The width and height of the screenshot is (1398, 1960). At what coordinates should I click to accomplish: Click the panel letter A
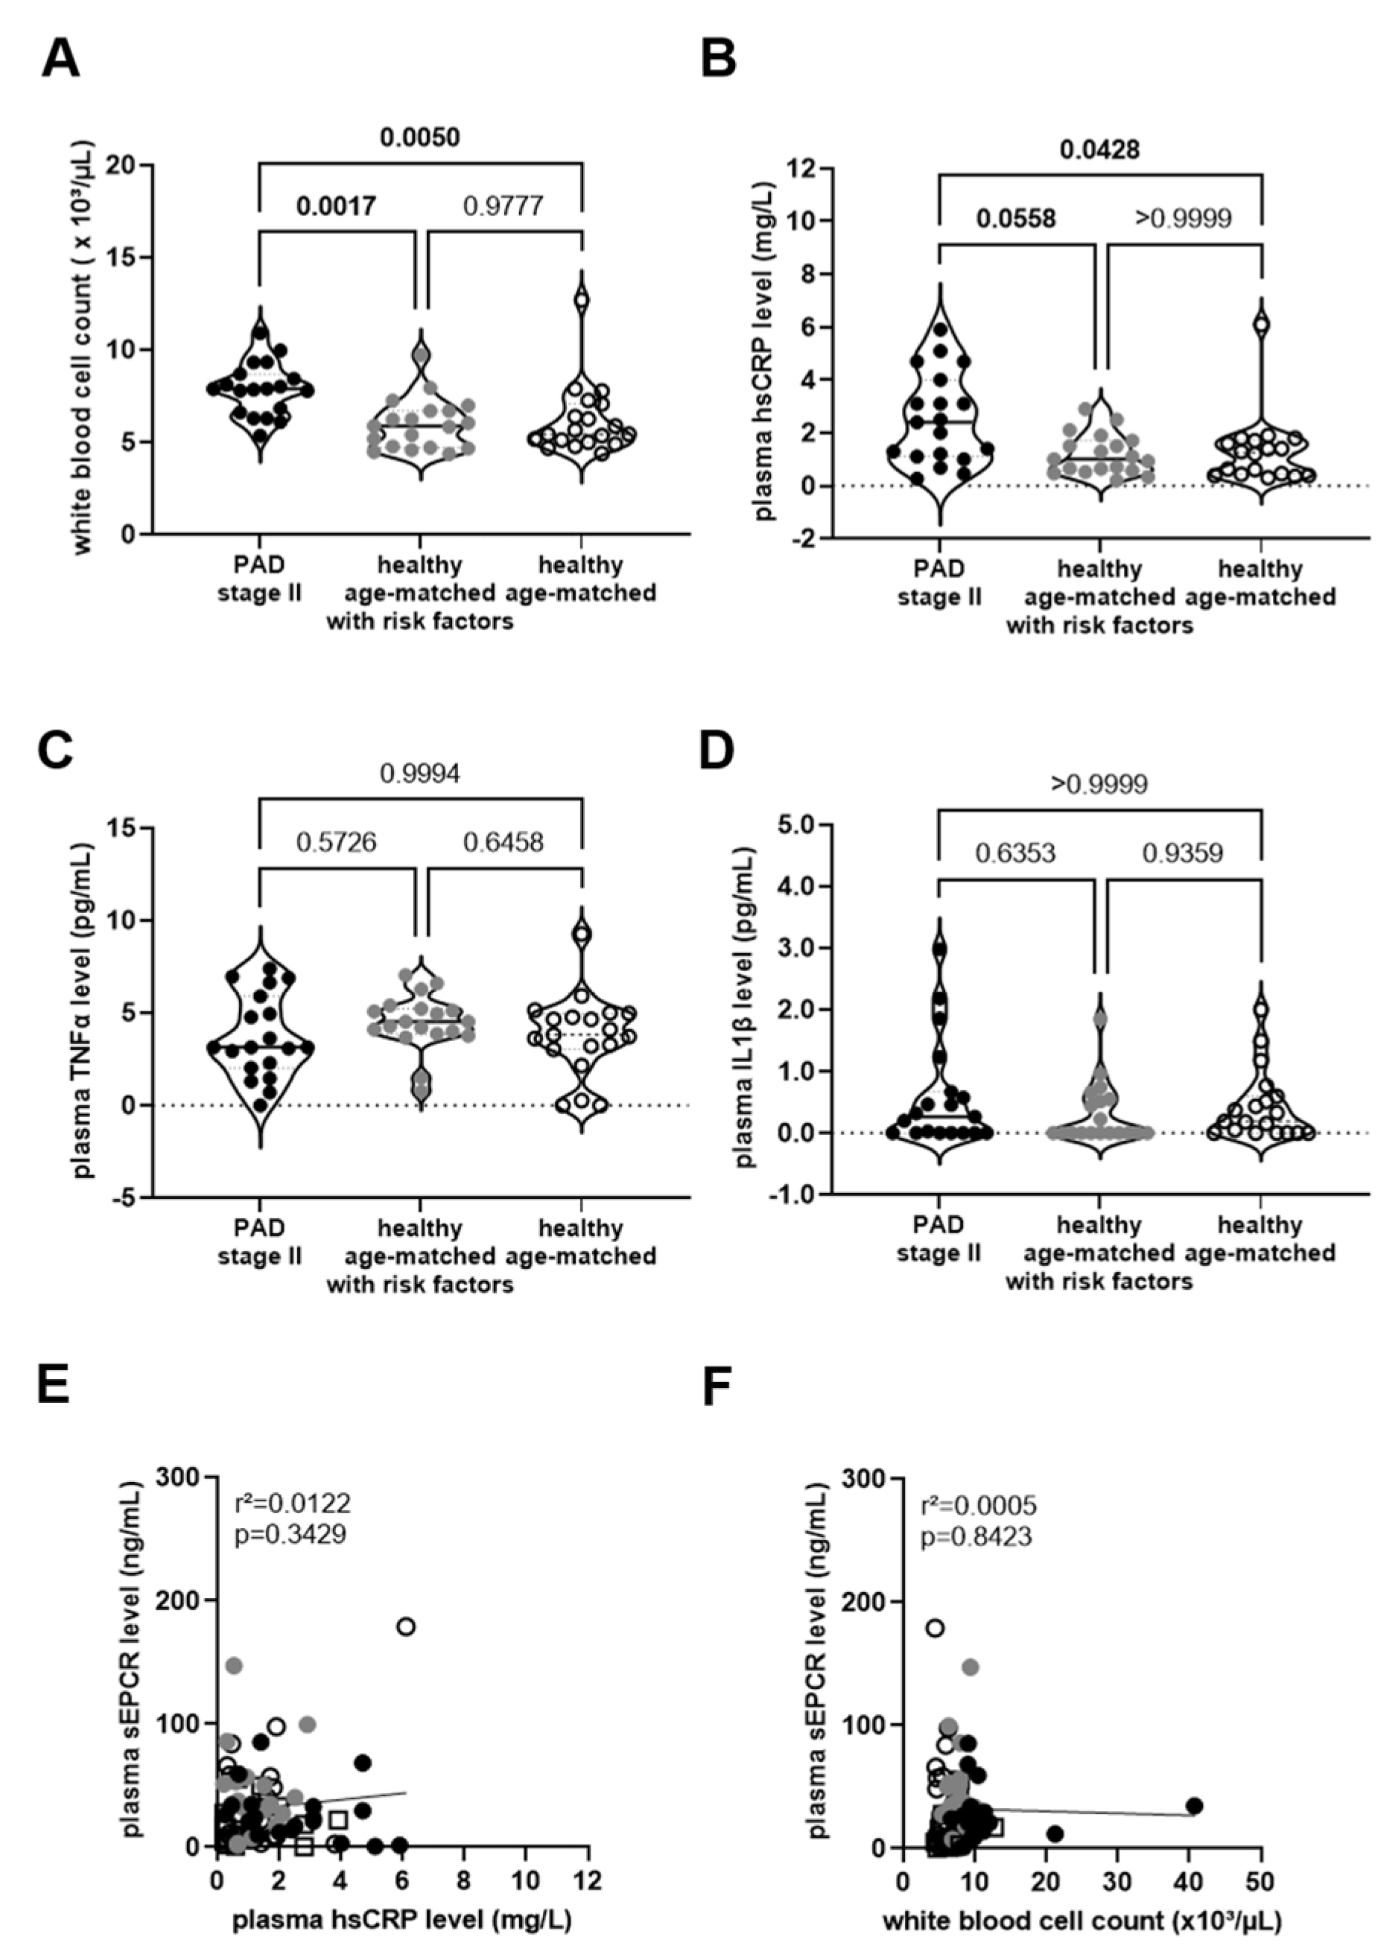(60, 60)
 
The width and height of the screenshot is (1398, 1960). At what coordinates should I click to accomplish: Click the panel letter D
(717, 750)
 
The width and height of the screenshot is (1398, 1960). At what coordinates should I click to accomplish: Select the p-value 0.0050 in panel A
(420, 137)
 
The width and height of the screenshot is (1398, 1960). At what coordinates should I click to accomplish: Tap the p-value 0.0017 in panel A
(337, 206)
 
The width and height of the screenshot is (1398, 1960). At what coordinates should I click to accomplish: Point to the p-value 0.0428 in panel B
(1099, 150)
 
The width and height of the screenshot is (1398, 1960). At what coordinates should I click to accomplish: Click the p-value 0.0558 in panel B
(1016, 219)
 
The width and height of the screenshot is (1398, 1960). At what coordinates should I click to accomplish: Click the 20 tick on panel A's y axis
(122, 165)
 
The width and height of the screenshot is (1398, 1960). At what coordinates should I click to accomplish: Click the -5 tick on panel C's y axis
(122, 1197)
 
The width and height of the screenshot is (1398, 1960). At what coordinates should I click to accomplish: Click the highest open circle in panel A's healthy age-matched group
(582, 300)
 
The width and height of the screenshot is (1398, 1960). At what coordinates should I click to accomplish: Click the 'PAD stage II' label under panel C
(260, 1241)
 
